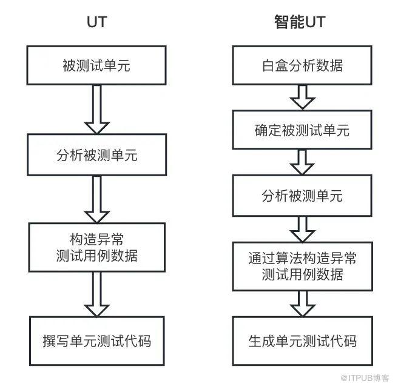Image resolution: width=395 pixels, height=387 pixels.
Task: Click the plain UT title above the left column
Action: pos(97,22)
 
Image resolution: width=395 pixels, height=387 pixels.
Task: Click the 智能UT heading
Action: pos(300,22)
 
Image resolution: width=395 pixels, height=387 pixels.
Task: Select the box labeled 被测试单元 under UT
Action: pos(96,65)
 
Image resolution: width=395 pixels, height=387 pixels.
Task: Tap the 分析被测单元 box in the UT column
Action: pos(96,154)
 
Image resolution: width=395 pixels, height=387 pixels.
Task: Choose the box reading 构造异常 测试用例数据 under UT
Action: pos(97,248)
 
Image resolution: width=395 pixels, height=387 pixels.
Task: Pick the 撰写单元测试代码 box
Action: pos(97,341)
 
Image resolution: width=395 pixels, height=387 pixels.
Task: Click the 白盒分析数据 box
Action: pos(302,65)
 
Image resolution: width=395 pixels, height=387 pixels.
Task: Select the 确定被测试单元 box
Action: pos(302,130)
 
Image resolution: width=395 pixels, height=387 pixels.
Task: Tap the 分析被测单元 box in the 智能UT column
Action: pos(302,196)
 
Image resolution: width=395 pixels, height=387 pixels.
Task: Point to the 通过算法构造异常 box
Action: pos(303,266)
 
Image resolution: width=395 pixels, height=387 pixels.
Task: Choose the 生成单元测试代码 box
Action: pos(303,341)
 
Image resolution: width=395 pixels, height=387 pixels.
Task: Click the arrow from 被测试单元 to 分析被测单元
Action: pos(96,110)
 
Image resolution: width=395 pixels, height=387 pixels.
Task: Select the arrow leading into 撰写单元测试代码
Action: pos(96,294)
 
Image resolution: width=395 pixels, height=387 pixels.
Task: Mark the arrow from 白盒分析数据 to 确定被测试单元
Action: pos(302,98)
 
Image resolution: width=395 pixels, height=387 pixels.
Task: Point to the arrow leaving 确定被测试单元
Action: pos(302,162)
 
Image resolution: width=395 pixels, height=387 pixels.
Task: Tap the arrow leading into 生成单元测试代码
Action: pos(303,304)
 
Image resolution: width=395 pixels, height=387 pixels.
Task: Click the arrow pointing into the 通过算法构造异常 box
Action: pos(302,229)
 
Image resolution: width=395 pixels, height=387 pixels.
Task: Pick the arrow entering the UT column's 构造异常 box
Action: pos(96,199)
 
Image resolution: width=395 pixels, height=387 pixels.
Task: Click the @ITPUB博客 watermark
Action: pos(365,378)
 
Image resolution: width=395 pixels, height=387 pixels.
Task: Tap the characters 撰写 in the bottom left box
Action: pos(56,341)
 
